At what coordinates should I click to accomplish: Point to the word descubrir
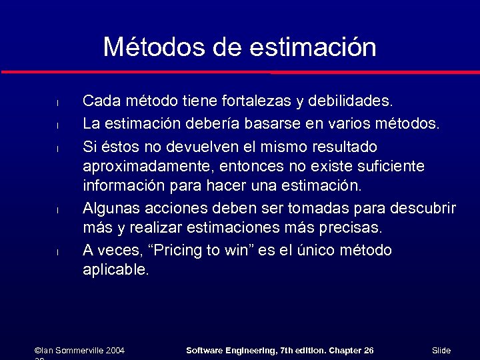423,208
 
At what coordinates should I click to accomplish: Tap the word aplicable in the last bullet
115,270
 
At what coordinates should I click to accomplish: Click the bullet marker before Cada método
58,103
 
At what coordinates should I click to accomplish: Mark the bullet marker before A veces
58,252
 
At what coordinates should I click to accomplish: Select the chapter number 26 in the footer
369,350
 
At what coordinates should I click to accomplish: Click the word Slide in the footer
441,350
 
